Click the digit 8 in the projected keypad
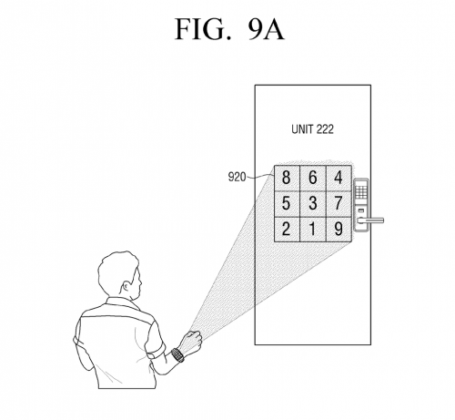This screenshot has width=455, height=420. click(286, 177)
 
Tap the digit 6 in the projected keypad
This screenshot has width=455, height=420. click(313, 177)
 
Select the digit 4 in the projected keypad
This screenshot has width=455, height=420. click(339, 177)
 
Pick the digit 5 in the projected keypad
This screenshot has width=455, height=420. click(286, 203)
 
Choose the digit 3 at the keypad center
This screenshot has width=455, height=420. click(313, 203)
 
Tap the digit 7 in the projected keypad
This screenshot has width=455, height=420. click(339, 203)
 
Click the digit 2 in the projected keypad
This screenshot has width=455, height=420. click(286, 229)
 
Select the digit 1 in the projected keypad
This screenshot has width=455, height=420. click(312, 229)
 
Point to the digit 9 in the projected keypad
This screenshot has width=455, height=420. click(339, 229)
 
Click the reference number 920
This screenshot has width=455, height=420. click(237, 177)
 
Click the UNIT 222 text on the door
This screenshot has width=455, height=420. click(312, 129)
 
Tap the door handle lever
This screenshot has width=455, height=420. click(370, 220)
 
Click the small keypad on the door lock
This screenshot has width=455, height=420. click(361, 192)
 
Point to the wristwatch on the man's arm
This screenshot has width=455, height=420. click(177, 354)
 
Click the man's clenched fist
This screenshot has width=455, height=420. click(192, 341)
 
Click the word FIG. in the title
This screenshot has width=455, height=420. click(203, 29)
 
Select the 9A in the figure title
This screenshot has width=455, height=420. click(266, 29)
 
